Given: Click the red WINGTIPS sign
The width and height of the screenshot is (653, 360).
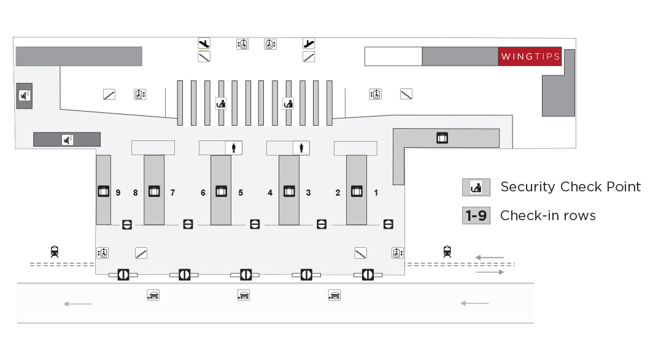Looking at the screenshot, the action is tap(530, 56).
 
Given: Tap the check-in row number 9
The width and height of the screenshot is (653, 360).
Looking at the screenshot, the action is tap(117, 193).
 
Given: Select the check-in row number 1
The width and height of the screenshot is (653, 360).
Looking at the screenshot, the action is tap(376, 193).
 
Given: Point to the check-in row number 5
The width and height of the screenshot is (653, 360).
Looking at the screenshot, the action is tap(241, 193).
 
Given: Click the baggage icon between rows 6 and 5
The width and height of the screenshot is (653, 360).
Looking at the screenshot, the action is tap(221, 191).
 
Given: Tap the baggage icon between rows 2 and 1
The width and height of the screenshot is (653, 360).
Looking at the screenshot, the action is tap(357, 191).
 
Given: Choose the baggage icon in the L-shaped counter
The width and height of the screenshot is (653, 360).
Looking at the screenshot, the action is tap(441, 138).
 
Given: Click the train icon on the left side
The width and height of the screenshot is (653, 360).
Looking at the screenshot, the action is tap(55, 251).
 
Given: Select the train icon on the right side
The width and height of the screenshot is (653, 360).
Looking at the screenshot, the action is tap(447, 251).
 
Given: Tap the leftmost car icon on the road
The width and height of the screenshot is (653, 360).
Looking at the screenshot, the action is tap(153, 295).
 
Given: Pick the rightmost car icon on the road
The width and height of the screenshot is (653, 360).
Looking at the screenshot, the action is tap(334, 295).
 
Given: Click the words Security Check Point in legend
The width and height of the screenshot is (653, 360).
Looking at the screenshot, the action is tap(570, 187).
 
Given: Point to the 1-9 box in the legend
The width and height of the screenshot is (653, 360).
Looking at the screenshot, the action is tap(476, 216).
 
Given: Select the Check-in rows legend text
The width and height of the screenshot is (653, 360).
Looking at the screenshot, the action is tap(547, 216).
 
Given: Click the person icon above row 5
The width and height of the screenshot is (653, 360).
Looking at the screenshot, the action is tap(234, 148).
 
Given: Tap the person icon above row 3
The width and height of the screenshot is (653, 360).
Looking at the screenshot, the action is tap(301, 148).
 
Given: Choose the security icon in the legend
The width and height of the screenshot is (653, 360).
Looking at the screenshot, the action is tap(476, 188).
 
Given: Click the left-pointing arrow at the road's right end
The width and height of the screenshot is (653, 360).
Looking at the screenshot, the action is tap(474, 303).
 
